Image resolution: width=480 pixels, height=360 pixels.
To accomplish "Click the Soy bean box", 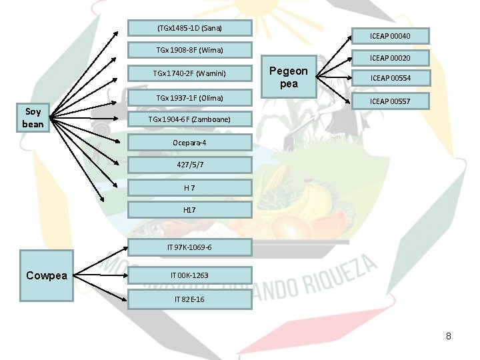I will (33, 118).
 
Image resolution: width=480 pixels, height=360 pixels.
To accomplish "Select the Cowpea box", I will (47, 275).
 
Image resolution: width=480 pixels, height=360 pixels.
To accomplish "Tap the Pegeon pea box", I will (288, 77).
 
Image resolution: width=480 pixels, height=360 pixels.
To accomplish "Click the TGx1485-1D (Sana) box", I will (189, 28).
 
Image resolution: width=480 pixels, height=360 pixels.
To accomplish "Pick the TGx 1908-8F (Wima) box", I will (189, 50).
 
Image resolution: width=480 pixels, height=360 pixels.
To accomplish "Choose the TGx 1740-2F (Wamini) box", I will (189, 73).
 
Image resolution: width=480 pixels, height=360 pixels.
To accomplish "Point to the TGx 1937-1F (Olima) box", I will (189, 98).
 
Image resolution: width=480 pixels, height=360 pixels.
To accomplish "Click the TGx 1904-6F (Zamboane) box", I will (189, 119).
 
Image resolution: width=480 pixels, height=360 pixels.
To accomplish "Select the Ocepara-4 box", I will (189, 143).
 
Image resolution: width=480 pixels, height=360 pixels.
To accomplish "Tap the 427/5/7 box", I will (189, 165).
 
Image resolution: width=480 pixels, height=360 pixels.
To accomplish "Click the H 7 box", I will (189, 187).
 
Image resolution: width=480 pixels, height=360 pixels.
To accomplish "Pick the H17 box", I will (189, 210).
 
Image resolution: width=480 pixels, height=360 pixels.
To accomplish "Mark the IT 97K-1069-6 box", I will (189, 248).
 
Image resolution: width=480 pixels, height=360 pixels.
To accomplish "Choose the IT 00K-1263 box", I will (189, 275).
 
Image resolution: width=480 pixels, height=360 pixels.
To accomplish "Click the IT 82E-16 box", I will (189, 299).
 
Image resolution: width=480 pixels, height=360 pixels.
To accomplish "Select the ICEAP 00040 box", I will (390, 35).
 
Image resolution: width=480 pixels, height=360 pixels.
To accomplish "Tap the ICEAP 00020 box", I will (390, 59).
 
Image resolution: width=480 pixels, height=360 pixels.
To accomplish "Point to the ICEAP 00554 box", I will (390, 78).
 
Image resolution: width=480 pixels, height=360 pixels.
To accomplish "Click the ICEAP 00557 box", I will (390, 101).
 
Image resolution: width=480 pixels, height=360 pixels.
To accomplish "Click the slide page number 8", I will (449, 336).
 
